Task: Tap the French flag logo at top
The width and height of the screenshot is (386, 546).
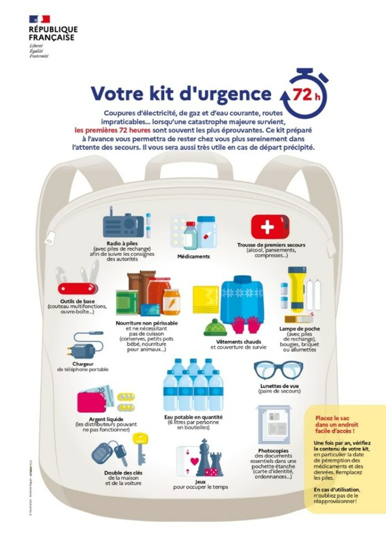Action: [39, 19]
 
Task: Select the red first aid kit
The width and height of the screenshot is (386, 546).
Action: [270, 227]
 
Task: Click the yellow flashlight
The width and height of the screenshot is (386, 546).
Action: [295, 287]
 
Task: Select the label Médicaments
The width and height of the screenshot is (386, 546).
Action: [194, 256]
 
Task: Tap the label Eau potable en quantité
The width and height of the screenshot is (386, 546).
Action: [194, 417]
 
